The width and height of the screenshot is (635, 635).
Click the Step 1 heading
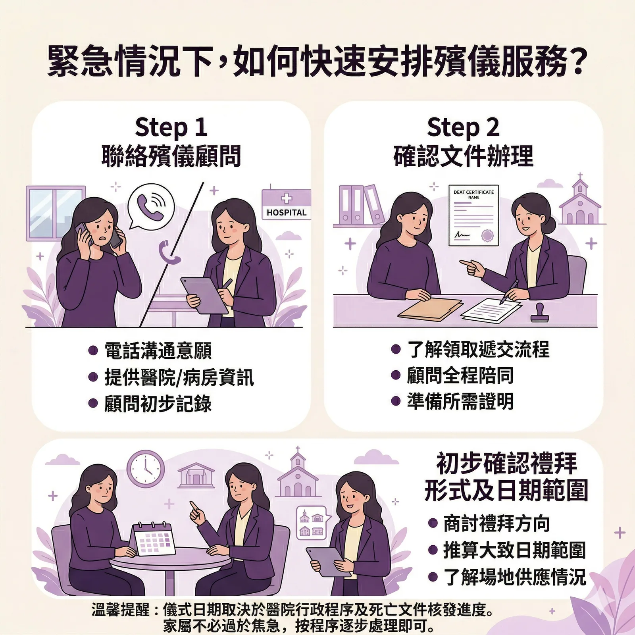[x=171, y=127]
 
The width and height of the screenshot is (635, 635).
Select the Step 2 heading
[x=463, y=127]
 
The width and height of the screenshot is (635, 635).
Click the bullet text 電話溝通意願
[x=158, y=350]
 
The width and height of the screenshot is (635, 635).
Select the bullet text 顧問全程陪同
[x=460, y=375]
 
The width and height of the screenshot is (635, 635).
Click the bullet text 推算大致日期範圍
[x=514, y=550]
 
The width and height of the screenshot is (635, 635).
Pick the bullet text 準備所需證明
[x=460, y=401]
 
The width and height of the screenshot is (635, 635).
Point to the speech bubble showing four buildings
[x=312, y=523]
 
